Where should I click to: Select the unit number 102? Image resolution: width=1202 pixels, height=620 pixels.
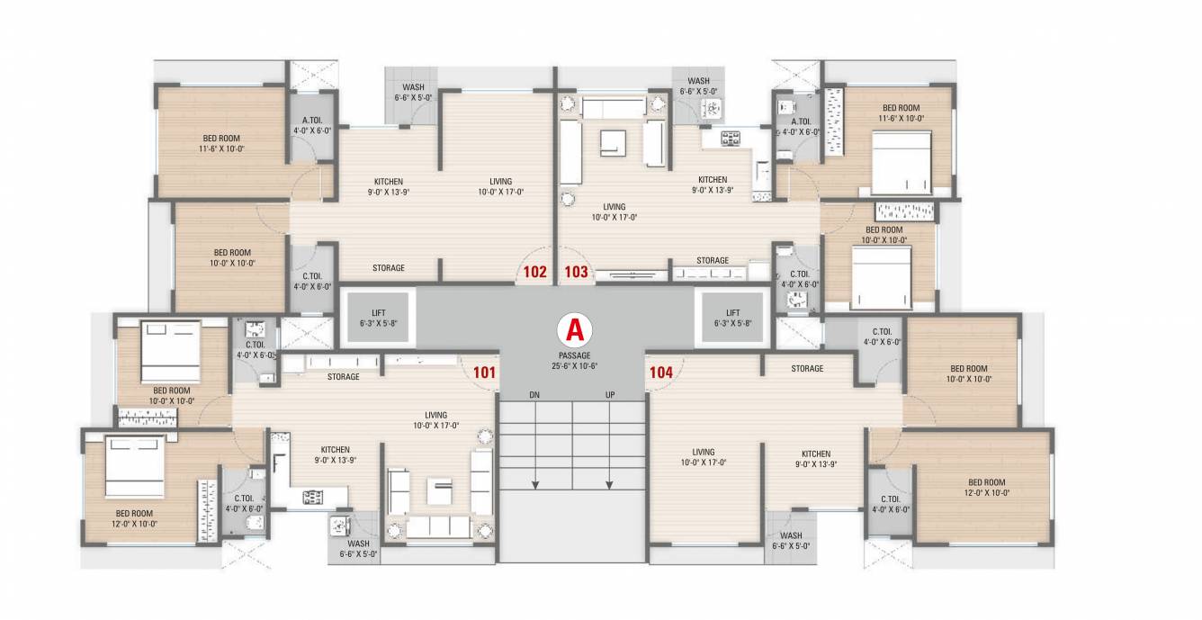[x=536, y=270]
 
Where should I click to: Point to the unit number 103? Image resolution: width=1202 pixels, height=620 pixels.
[x=576, y=270]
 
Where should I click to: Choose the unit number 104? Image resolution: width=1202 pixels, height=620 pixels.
[x=659, y=370]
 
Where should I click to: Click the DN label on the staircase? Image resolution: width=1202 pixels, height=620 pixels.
[x=534, y=395]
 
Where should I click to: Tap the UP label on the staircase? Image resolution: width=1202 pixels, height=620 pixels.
[x=610, y=395]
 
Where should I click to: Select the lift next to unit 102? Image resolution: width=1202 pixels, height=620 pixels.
[x=378, y=318]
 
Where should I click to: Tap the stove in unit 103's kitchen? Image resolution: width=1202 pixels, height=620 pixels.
[x=731, y=138]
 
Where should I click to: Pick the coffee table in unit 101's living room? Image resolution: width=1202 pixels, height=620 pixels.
[x=442, y=493]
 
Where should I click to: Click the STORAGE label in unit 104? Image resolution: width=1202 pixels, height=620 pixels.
[x=807, y=369]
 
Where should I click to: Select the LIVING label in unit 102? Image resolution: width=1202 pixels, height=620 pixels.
[x=495, y=185]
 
